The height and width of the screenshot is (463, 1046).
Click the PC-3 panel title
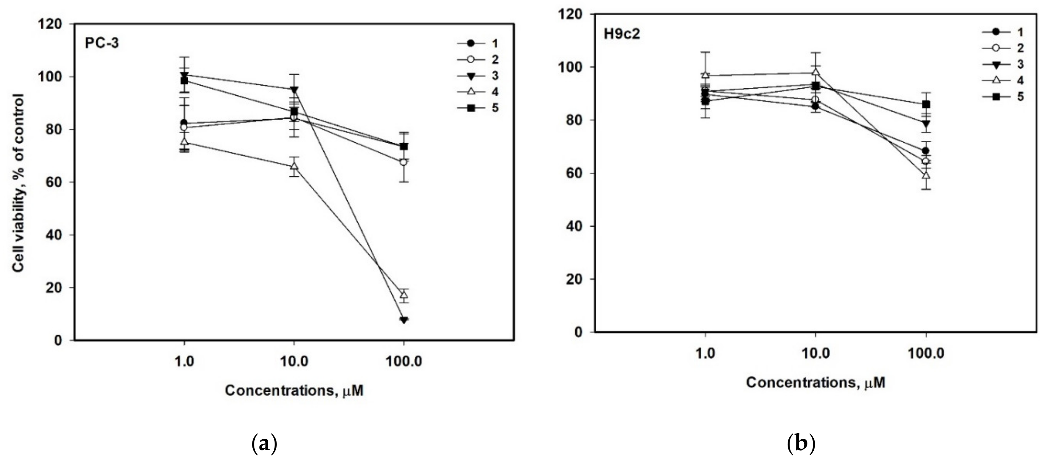pyautogui.click(x=102, y=43)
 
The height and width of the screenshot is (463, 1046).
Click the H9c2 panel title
pyautogui.click(x=622, y=34)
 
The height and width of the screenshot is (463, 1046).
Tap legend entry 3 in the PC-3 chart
pyautogui.click(x=495, y=76)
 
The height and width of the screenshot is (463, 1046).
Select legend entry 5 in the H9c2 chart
pyautogui.click(x=1020, y=97)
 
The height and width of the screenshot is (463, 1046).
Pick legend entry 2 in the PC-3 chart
pyautogui.click(x=495, y=60)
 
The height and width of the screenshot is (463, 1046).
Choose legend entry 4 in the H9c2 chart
pyautogui.click(x=1020, y=80)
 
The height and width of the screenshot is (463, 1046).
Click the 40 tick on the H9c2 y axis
pyautogui.click(x=573, y=226)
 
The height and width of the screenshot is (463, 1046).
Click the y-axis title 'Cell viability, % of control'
pyautogui.click(x=18, y=183)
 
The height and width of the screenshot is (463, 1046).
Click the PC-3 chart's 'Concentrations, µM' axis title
pyautogui.click(x=294, y=390)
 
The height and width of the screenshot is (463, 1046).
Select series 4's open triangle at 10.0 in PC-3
pyautogui.click(x=294, y=166)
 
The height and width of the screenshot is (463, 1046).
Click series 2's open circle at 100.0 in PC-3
pyautogui.click(x=404, y=162)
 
